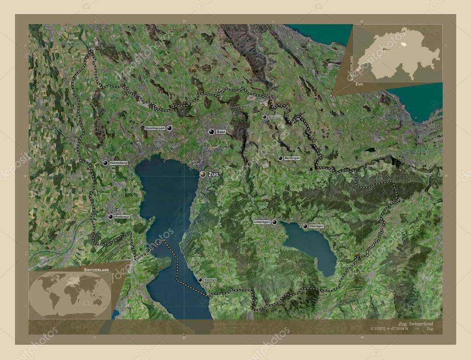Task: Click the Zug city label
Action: pos(213,175)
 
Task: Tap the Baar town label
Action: pos(221,132)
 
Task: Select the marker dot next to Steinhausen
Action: pos(170,128)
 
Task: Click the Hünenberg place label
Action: pos(118,163)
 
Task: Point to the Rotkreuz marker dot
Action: pos(110,217)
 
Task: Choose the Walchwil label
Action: pos(210,280)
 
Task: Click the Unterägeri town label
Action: pos(262,222)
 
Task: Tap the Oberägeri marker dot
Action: pos(305,226)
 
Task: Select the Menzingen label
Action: pos(292,158)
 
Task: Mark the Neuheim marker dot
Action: pos(264,117)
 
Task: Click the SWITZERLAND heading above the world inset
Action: pos(96,269)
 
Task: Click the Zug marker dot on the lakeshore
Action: pos(203,174)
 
